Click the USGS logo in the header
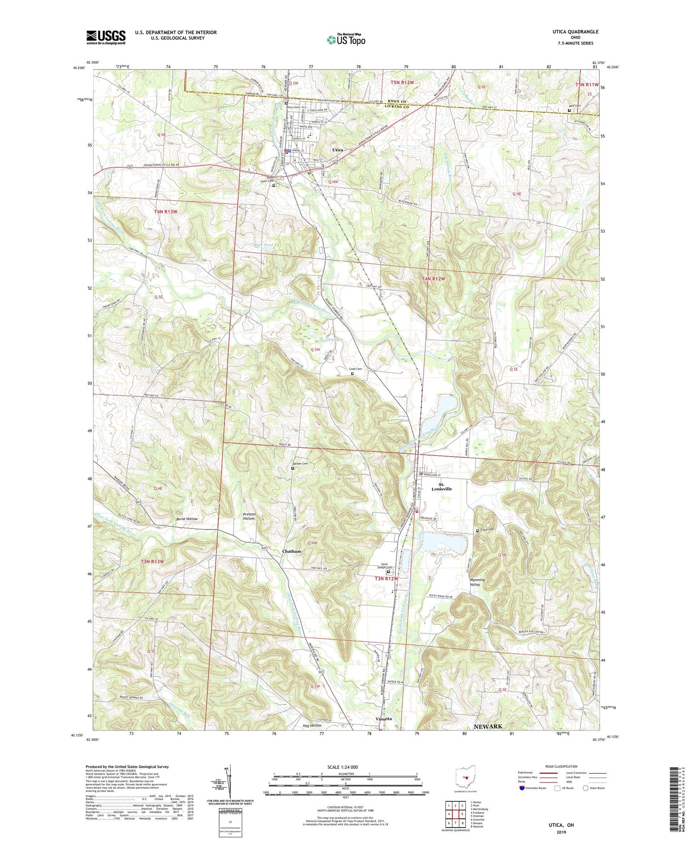point(106,37)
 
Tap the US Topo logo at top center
point(346,39)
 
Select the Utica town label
point(337,150)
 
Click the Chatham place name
point(291,551)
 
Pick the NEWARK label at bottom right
point(488,726)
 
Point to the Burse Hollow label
point(186,519)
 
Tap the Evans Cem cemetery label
point(487,529)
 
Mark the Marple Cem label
point(300,463)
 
